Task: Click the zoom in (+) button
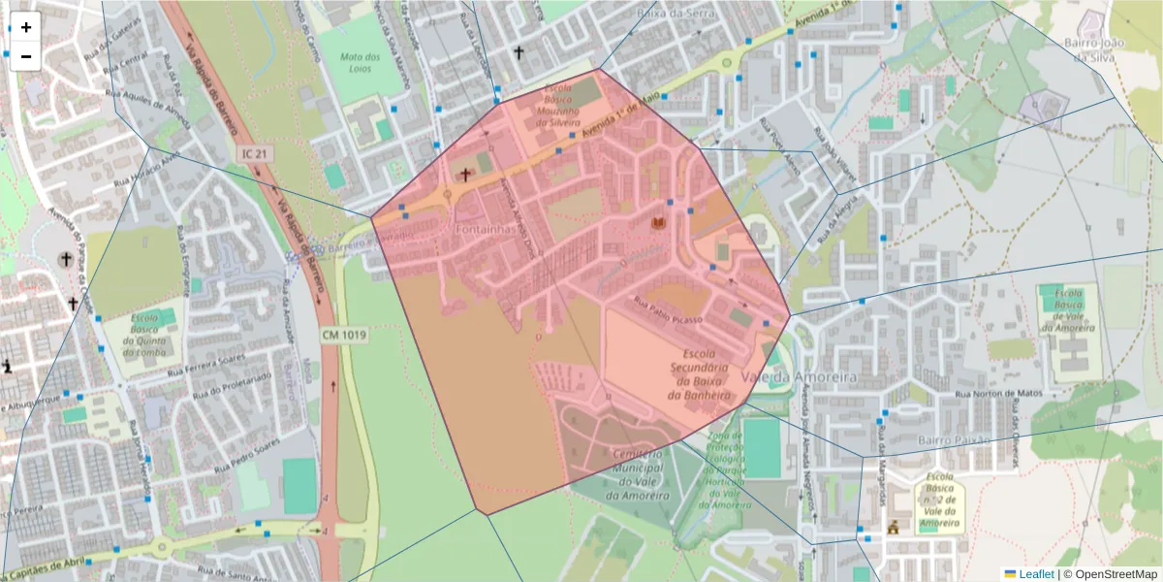point(26,27)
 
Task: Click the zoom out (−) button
point(26,56)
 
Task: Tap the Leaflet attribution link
point(1036,574)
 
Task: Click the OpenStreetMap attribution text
point(1111,574)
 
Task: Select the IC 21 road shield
point(251,154)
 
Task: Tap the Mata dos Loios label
point(360,63)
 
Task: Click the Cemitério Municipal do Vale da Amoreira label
point(637,474)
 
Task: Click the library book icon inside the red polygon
point(659,224)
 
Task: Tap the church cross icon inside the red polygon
point(465,176)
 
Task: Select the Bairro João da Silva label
point(1093,49)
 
